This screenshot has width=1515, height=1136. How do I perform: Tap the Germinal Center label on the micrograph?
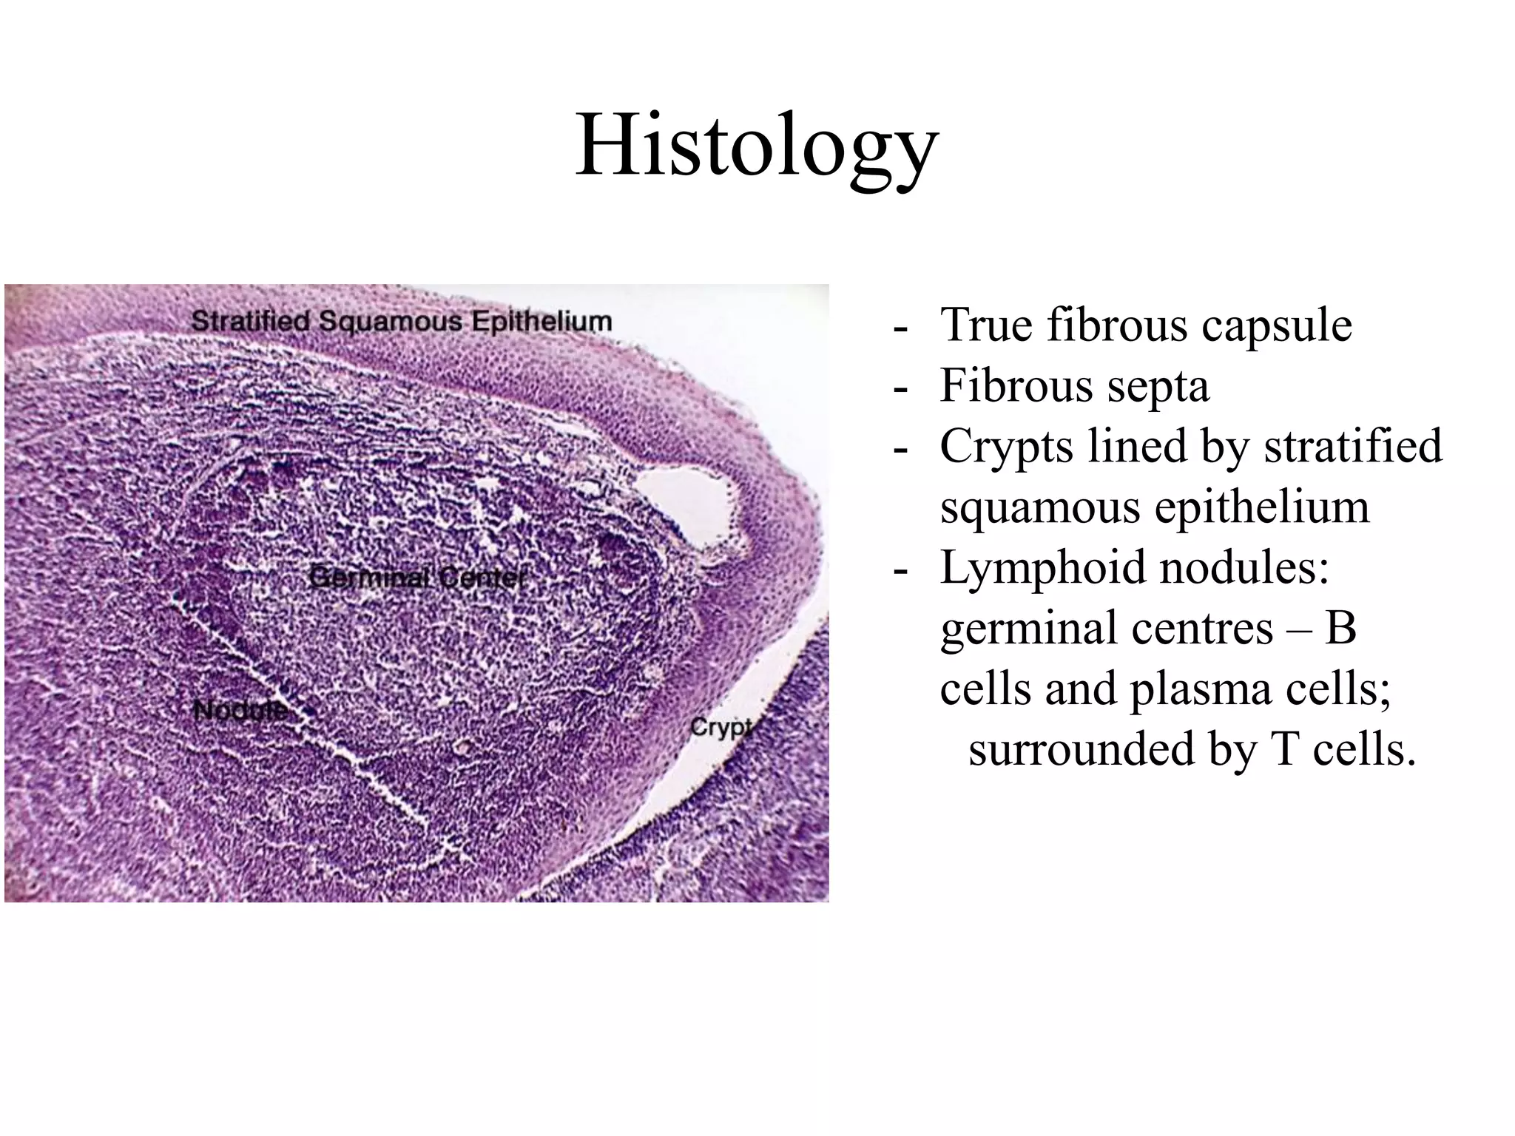(418, 578)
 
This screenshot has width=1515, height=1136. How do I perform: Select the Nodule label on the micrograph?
(240, 711)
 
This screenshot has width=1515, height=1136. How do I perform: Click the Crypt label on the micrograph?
(721, 728)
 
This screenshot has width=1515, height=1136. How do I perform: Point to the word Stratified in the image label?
(251, 321)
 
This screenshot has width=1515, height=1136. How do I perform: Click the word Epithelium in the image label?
(542, 321)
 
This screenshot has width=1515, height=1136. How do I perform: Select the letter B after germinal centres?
(1340, 629)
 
